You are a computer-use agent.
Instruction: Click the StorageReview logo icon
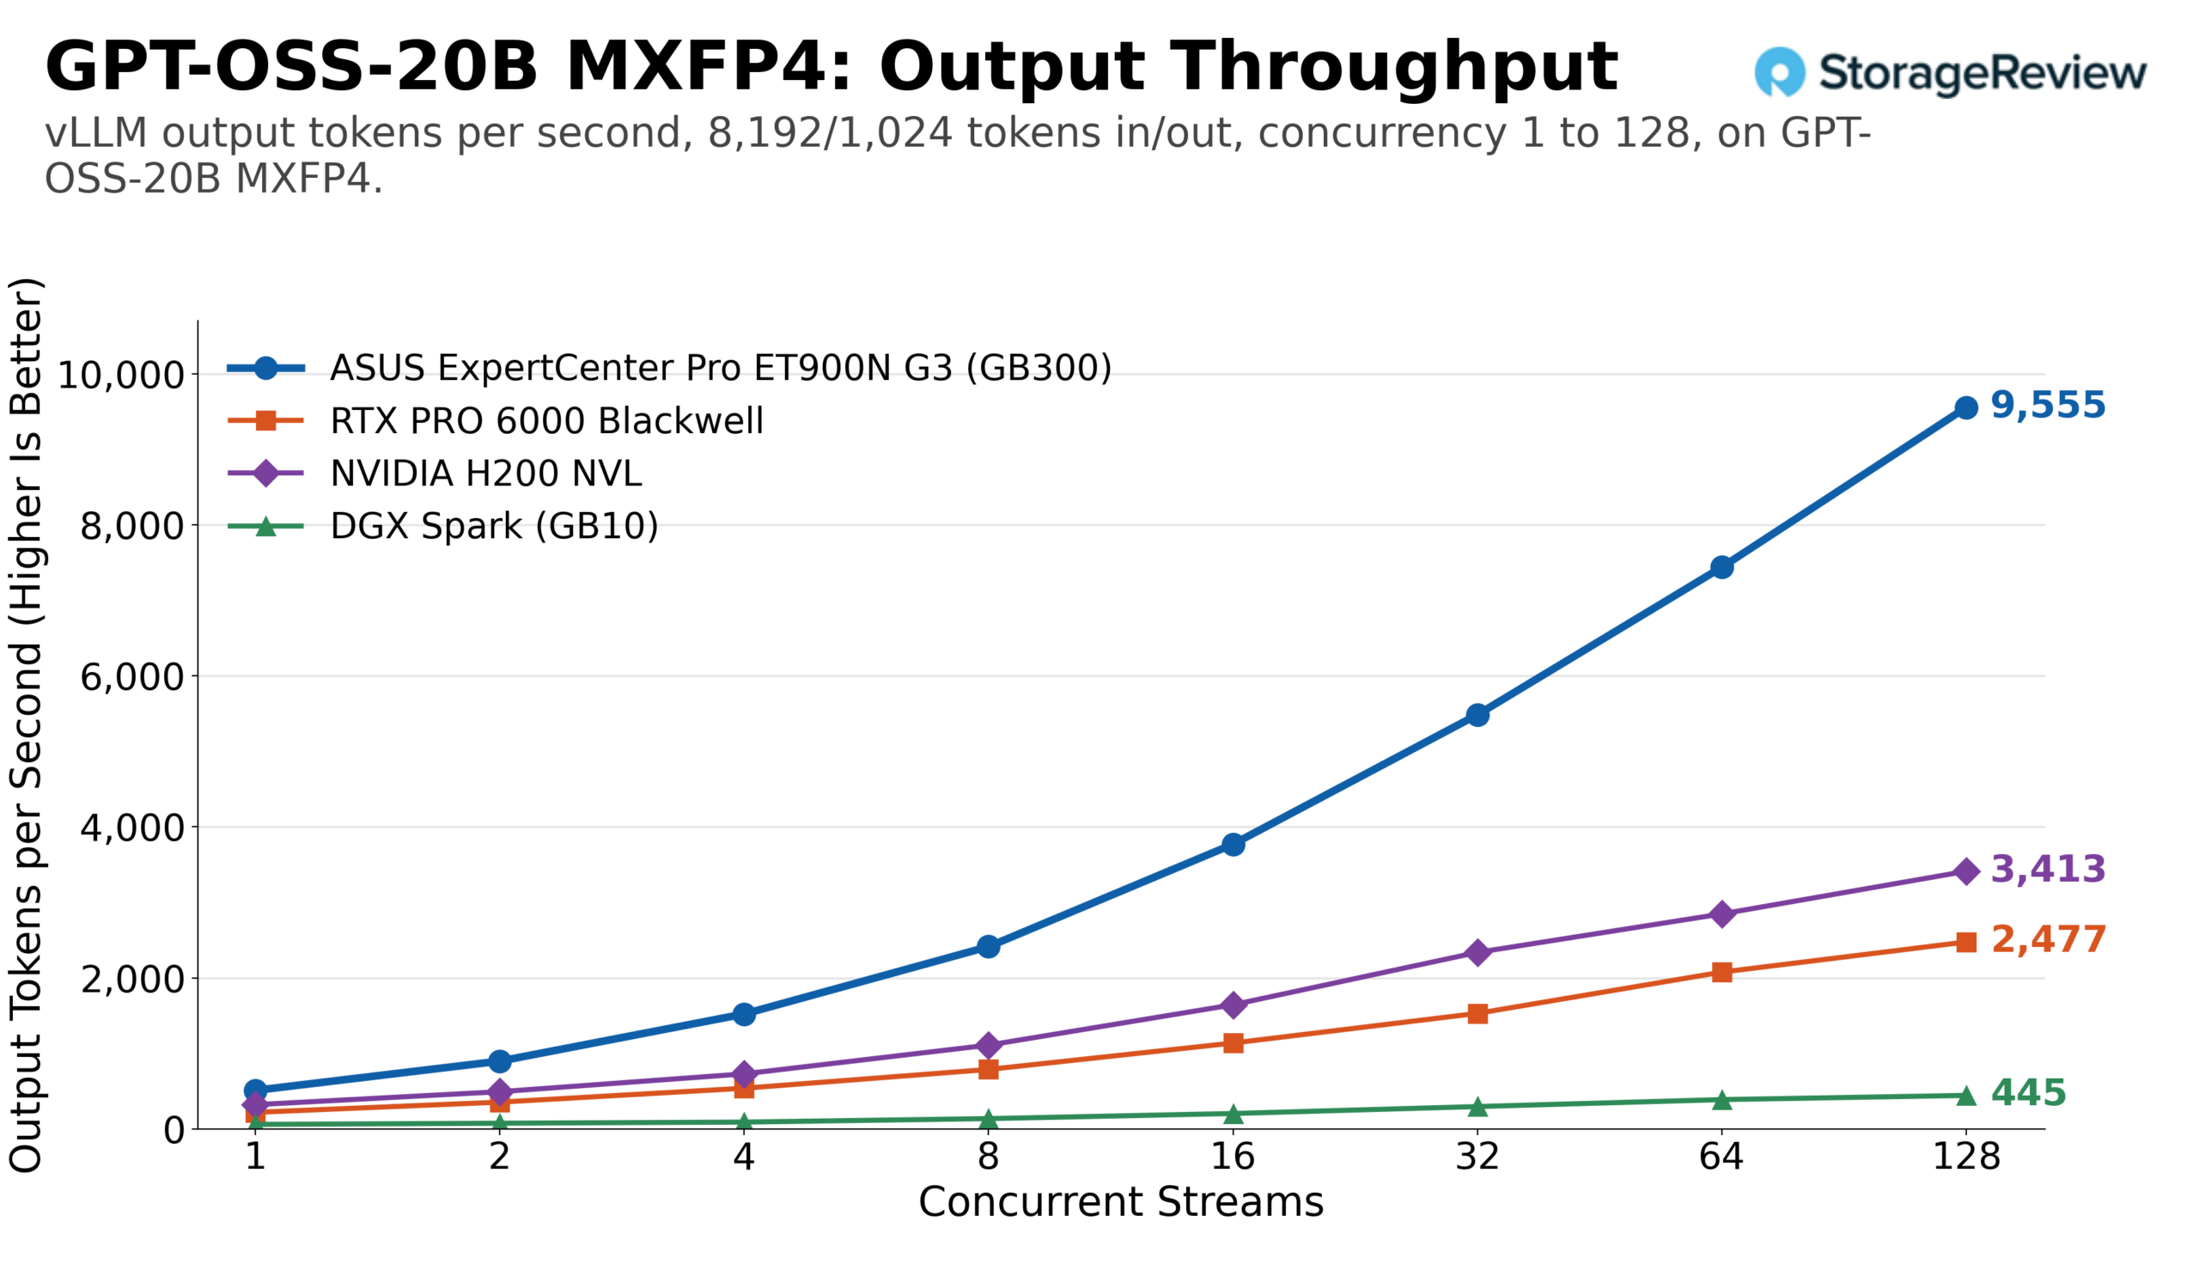click(x=1780, y=72)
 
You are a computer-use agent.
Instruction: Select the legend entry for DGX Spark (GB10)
click(x=443, y=526)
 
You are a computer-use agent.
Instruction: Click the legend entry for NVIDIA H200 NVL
click(x=435, y=473)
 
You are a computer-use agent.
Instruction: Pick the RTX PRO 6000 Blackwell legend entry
click(x=496, y=422)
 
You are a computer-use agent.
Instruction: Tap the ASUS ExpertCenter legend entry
click(x=670, y=369)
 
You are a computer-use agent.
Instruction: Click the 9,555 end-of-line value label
click(x=2048, y=406)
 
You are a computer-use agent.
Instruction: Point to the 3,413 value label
click(x=2048, y=871)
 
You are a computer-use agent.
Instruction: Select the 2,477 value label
click(x=2048, y=941)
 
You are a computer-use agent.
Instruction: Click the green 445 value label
click(x=2029, y=1094)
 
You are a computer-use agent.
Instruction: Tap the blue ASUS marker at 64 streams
click(x=1721, y=568)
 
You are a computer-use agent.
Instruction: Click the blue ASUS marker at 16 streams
click(x=1233, y=845)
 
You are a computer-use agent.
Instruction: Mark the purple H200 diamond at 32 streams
click(x=1477, y=953)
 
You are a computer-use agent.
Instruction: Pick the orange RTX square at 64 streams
click(x=1721, y=973)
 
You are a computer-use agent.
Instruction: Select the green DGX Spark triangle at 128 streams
click(x=1966, y=1097)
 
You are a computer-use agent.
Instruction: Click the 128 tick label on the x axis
click(x=1966, y=1158)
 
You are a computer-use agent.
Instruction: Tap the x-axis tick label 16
click(x=1233, y=1158)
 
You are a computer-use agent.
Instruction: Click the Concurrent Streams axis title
click(x=1121, y=1203)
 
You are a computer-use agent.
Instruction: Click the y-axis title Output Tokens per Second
click(x=26, y=725)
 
